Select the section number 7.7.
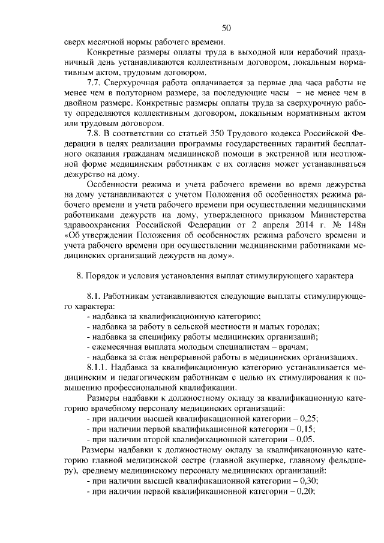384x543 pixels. click(x=95, y=83)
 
